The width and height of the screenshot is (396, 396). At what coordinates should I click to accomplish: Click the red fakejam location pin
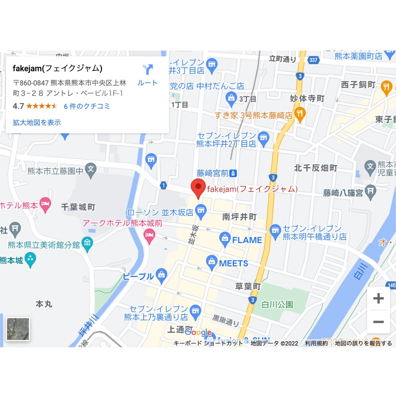tap(198, 187)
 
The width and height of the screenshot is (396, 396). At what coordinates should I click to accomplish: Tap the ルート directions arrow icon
tap(147, 70)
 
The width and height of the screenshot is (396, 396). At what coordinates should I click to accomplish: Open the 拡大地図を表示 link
tap(37, 122)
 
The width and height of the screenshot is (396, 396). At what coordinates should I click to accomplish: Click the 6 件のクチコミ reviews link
tap(87, 106)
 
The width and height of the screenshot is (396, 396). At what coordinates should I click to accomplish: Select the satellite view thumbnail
tap(18, 329)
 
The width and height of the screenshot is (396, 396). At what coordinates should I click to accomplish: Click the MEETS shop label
tap(234, 263)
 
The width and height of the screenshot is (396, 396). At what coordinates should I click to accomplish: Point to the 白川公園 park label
tap(277, 304)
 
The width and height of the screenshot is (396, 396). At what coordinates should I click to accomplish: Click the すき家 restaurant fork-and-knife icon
tap(300, 114)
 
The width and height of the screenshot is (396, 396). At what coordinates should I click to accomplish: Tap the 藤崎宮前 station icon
tap(233, 173)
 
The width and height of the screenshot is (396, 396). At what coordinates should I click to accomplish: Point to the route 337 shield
tap(313, 60)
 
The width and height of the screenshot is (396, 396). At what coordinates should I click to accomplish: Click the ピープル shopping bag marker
tap(162, 276)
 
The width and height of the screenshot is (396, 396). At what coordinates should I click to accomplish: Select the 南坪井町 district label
tap(239, 217)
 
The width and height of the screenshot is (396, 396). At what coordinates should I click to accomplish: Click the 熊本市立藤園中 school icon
tap(90, 170)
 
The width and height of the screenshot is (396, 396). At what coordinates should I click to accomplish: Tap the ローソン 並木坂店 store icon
tap(201, 210)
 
